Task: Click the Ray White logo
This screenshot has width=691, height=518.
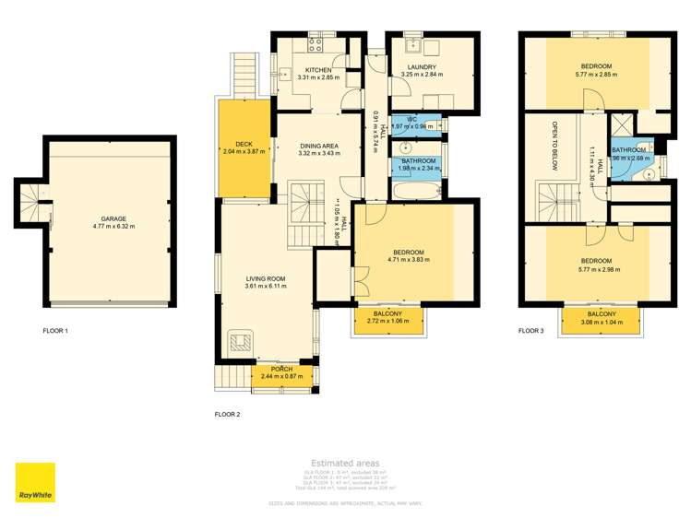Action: pos(35,482)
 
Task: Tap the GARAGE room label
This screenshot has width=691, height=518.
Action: pos(109,218)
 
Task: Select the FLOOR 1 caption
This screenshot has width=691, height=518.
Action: pos(55,330)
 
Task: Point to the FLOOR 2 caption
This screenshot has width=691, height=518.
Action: pos(227,415)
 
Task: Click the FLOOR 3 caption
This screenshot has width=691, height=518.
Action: pos(530,330)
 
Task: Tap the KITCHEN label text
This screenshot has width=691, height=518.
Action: pos(318,70)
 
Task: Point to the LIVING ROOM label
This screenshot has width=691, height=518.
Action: pos(265,278)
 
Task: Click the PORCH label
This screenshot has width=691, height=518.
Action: pos(281,369)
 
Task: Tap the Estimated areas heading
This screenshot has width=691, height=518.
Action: pos(344,463)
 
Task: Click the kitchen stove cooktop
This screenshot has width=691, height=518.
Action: pos(316,42)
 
